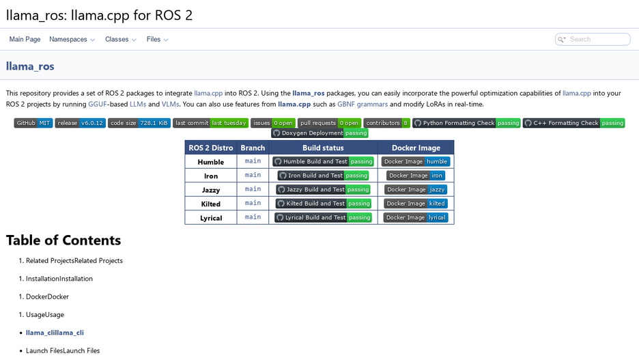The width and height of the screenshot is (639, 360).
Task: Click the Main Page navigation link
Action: pyautogui.click(x=25, y=39)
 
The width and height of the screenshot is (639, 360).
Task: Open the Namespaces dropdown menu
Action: pyautogui.click(x=72, y=39)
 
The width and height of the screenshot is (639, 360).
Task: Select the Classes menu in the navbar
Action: pyautogui.click(x=121, y=39)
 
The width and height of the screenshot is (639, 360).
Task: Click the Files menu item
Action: pyautogui.click(x=157, y=39)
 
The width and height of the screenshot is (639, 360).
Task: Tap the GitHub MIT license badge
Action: pyautogui.click(x=33, y=123)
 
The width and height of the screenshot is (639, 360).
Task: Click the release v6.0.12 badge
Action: pyautogui.click(x=81, y=123)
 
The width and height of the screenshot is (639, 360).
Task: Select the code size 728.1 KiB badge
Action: pyautogui.click(x=139, y=123)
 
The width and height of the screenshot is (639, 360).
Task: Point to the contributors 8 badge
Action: pyautogui.click(x=386, y=123)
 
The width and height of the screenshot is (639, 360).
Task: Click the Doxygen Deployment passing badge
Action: pyautogui.click(x=319, y=133)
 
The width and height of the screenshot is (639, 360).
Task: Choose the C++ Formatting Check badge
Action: pyautogui.click(x=573, y=123)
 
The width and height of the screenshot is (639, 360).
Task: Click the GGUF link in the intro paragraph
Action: pyautogui.click(x=98, y=104)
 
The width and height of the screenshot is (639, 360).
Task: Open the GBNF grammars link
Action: pyautogui.click(x=363, y=104)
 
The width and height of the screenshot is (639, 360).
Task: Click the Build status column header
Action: pyautogui.click(x=323, y=148)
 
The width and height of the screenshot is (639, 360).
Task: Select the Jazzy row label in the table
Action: pyautogui.click(x=211, y=190)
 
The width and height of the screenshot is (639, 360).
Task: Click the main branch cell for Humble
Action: pyautogui.click(x=253, y=161)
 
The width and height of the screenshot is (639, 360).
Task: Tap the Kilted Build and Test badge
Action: pyautogui.click(x=324, y=204)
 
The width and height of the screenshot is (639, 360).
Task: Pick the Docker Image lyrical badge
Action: pyautogui.click(x=416, y=217)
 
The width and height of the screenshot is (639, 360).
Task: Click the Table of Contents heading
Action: pyautogui.click(x=63, y=240)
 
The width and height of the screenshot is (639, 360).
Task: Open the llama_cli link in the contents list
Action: pyautogui.click(x=55, y=333)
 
